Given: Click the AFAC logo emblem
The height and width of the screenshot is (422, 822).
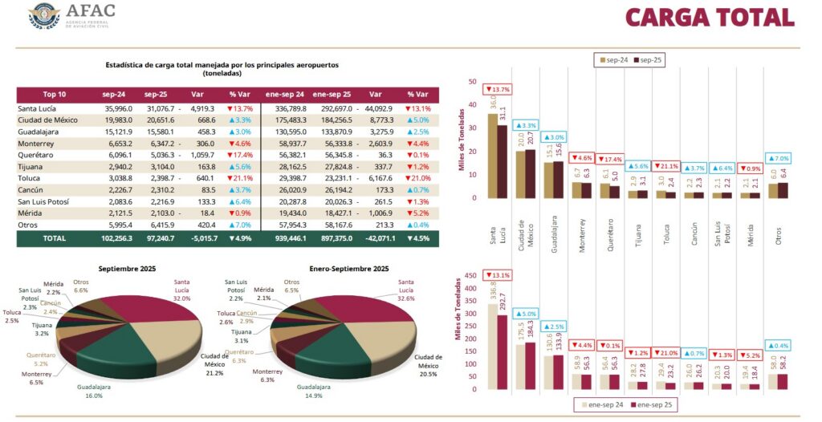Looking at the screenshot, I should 44,16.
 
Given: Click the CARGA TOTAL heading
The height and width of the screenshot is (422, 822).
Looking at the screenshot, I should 709,17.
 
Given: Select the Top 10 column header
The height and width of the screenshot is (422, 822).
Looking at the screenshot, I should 55,94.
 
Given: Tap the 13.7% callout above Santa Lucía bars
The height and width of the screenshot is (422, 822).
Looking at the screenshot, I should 498,89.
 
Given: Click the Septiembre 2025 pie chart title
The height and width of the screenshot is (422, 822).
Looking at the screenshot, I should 127,268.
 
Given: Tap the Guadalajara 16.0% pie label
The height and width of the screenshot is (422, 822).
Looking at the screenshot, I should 95,392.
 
